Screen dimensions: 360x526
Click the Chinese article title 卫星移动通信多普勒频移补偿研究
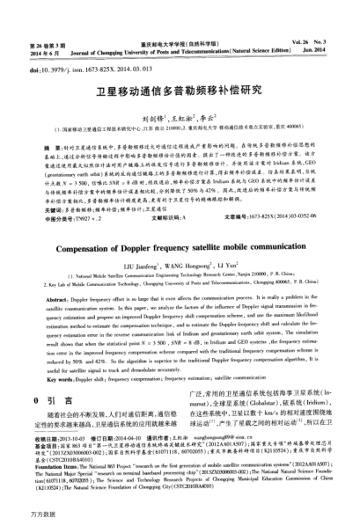pos(180,88)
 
